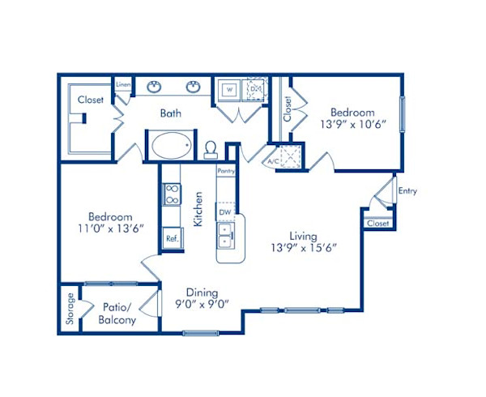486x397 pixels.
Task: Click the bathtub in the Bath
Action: click(x=169, y=147)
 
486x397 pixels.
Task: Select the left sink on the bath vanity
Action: click(x=153, y=86)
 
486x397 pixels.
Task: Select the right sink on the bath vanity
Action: click(x=194, y=86)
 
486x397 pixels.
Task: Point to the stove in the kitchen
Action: click(x=172, y=194)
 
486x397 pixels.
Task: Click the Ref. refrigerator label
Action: click(x=172, y=239)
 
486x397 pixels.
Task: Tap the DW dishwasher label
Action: click(x=225, y=212)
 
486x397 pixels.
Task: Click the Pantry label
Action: click(x=225, y=171)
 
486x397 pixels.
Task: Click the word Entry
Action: click(x=408, y=190)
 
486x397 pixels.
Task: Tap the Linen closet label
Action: click(x=123, y=83)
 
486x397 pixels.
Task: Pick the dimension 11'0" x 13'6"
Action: click(x=109, y=229)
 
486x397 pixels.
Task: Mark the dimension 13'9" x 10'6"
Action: click(x=352, y=125)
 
